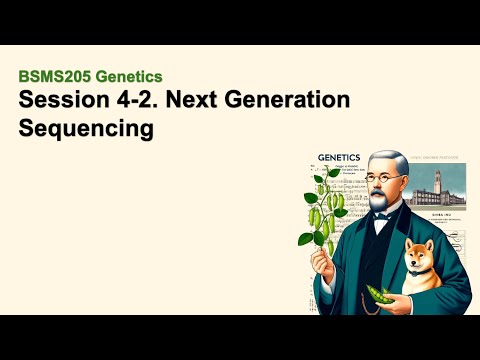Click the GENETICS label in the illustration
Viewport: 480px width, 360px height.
[344, 158]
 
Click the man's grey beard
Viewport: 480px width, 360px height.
[387, 204]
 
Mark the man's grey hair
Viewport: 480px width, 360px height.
[389, 160]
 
